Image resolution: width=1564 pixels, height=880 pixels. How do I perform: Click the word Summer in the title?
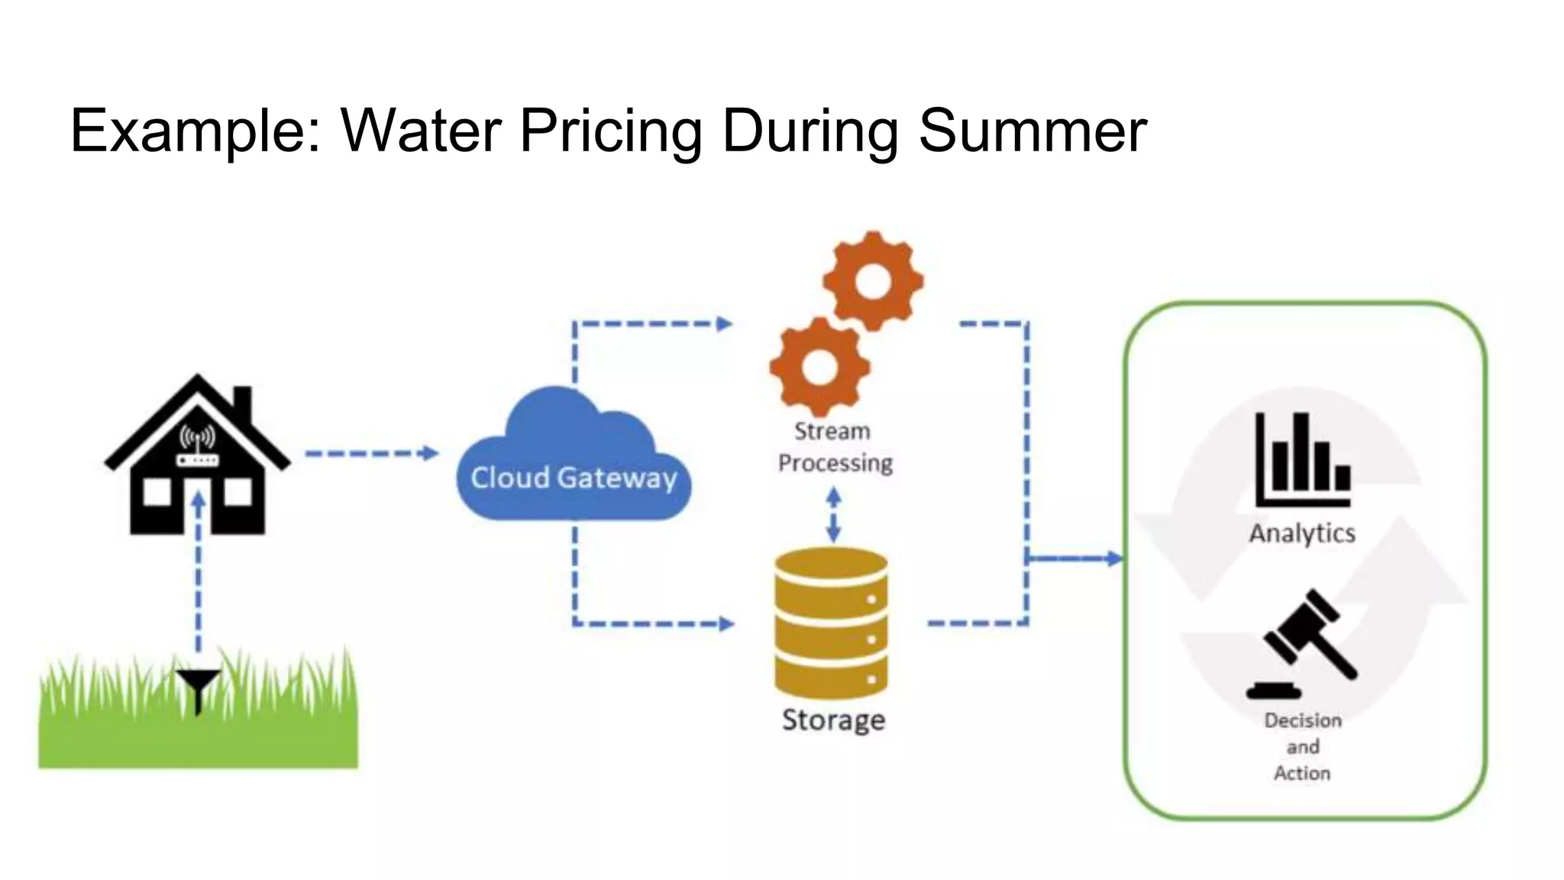click(1032, 131)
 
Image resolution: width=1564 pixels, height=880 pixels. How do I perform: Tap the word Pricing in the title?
click(610, 131)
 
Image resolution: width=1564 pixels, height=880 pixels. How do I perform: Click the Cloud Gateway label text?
click(574, 478)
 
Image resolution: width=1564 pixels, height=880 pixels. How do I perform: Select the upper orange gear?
click(873, 281)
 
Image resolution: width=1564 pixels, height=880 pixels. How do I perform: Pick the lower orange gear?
click(819, 367)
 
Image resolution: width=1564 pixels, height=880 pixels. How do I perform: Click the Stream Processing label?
click(834, 447)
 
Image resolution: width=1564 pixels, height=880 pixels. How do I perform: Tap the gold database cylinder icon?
click(831, 622)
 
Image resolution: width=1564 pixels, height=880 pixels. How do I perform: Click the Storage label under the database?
click(833, 720)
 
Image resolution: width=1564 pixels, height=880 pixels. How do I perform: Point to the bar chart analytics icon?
click(1303, 460)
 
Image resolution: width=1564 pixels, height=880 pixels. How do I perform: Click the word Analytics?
click(1302, 533)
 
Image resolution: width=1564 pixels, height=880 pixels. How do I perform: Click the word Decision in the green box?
click(1303, 720)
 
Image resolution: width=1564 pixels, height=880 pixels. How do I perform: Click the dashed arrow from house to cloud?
click(371, 454)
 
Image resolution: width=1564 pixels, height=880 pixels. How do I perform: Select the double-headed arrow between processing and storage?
click(834, 516)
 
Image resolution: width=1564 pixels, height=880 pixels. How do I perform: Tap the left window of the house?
click(157, 492)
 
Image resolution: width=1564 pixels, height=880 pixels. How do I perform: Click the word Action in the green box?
click(1302, 773)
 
